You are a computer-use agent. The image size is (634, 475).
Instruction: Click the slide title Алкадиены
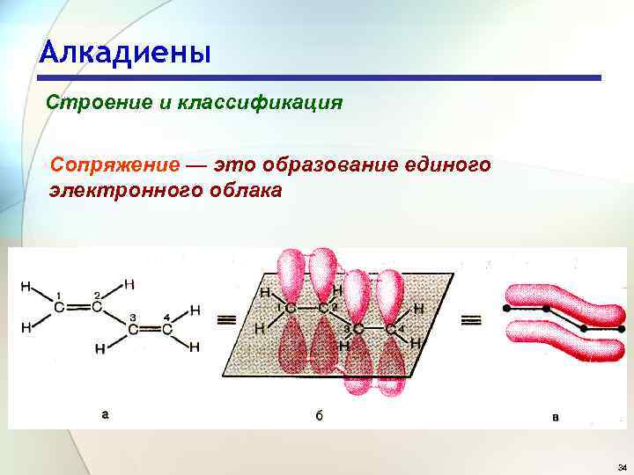[x=125, y=53]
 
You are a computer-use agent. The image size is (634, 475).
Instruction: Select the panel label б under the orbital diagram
[x=319, y=415]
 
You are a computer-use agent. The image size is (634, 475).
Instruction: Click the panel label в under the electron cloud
[x=555, y=416]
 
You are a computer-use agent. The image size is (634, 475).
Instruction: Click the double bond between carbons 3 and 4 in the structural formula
[x=150, y=329]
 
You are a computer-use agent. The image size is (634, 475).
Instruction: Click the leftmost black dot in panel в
[x=506, y=310]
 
